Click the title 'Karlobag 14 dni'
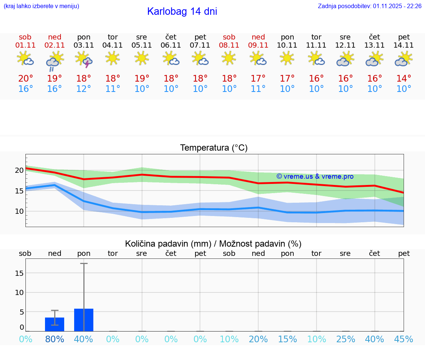click(182, 11)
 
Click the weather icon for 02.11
click(55, 61)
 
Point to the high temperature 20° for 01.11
click(25, 79)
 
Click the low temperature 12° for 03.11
click(84, 89)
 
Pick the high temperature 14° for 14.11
click(404, 79)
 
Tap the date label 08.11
click(229, 45)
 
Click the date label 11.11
click(316, 45)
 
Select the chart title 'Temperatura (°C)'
click(214, 148)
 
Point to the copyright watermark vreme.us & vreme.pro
click(315, 176)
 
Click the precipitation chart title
click(213, 244)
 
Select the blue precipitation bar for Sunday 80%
click(55, 324)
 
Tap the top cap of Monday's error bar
click(84, 263)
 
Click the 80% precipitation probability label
click(55, 339)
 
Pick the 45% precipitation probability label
click(404, 339)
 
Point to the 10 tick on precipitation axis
click(19, 292)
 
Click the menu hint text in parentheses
click(41, 6)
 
